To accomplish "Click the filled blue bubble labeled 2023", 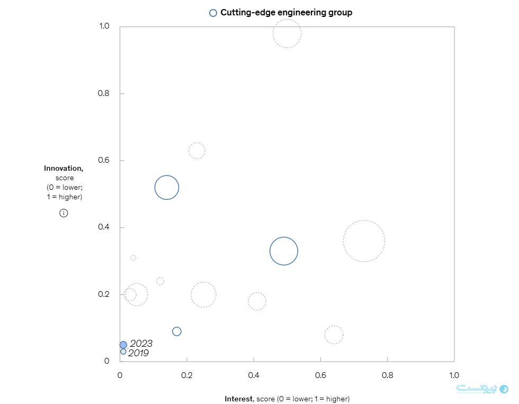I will (123, 345).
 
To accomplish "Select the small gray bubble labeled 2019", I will (123, 352).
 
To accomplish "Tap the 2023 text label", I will (141, 344).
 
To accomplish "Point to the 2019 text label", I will (138, 353).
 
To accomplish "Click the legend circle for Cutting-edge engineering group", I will (213, 13).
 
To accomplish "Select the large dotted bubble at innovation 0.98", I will (287, 33).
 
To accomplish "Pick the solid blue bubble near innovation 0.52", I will (167, 187).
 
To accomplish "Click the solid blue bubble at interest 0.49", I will (284, 251).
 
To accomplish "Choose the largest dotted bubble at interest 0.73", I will (364, 241).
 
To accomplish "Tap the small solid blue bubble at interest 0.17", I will (177, 331).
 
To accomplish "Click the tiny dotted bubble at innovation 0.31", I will (133, 258).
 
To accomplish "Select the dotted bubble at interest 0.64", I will (334, 335).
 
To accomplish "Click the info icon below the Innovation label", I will (64, 213).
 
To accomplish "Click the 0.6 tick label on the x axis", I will (320, 375).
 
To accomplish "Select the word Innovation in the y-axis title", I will (63, 169).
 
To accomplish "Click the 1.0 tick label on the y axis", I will (104, 27).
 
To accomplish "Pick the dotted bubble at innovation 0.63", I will (196, 151).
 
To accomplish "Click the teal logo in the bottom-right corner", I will (504, 389).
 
